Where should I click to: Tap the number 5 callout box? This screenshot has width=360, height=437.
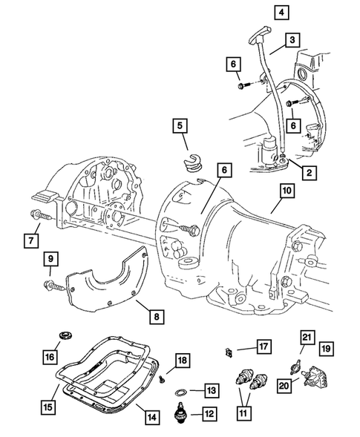tap(180, 126)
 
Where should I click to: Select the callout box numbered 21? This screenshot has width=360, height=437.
tap(306, 338)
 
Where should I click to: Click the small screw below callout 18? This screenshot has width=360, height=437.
tap(163, 378)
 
